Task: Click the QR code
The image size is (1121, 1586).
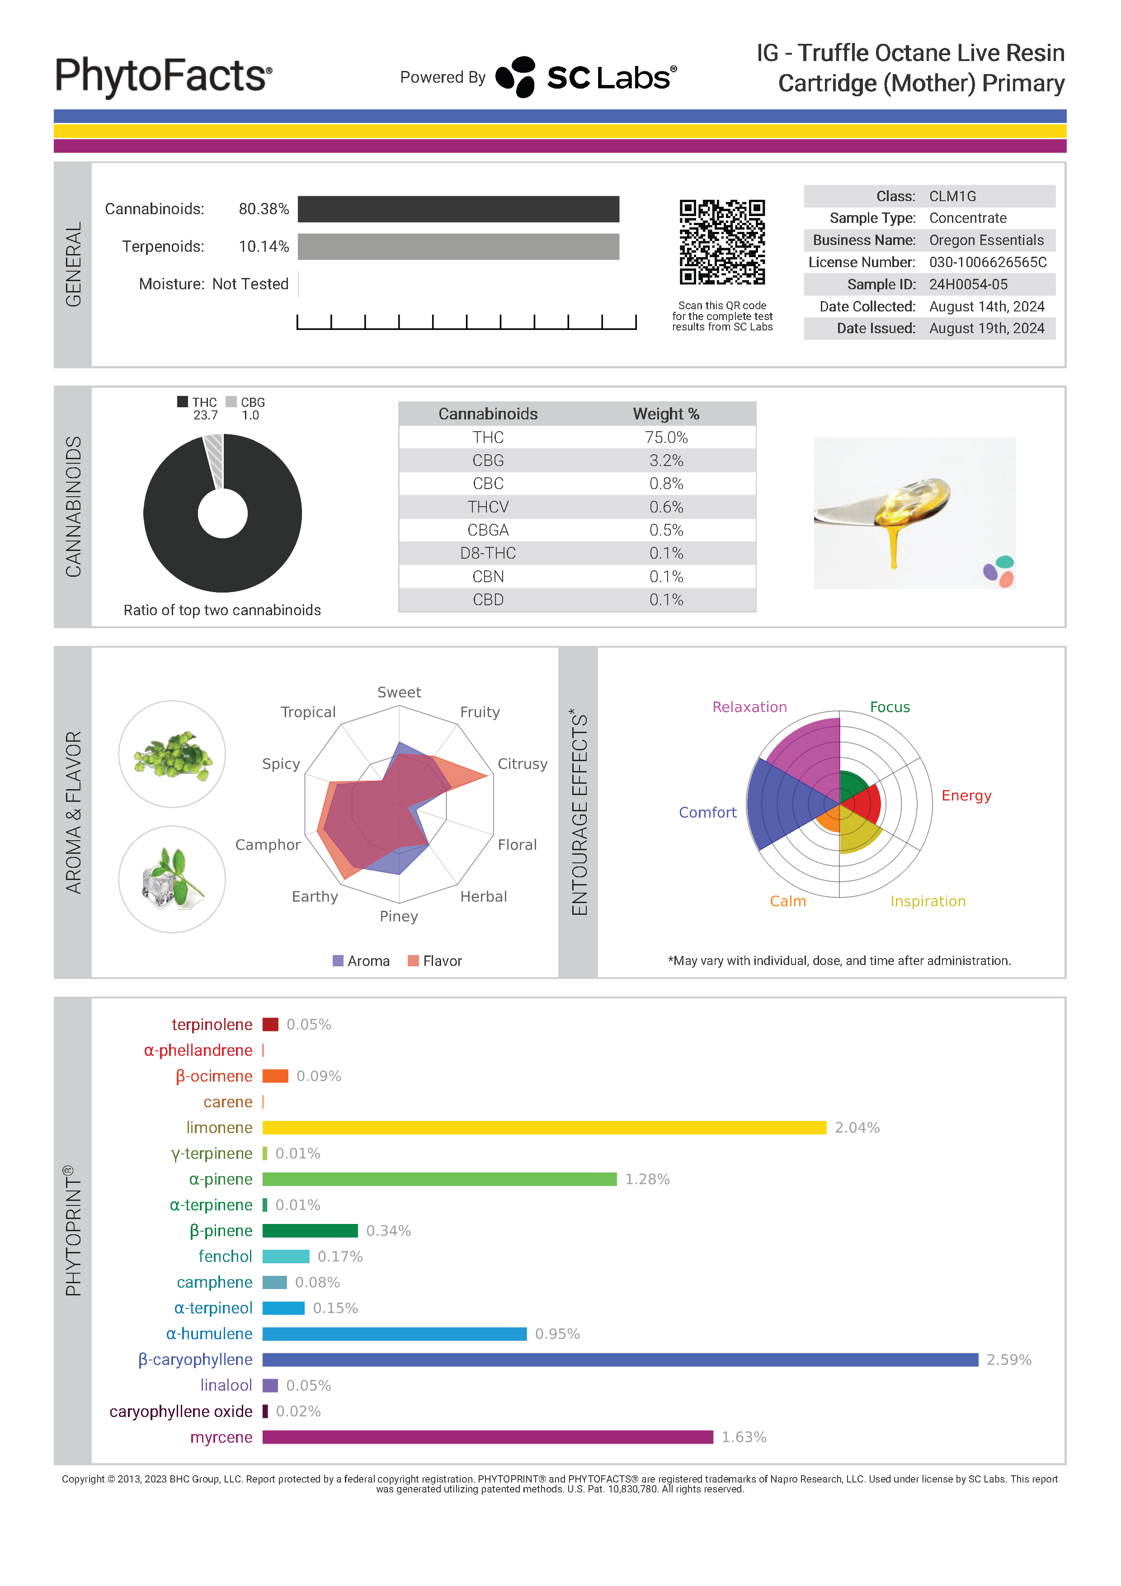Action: [722, 242]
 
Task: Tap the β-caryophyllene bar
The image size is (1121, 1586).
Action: [620, 1360]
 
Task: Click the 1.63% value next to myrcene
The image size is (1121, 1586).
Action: [744, 1437]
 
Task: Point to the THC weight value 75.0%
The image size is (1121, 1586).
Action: [666, 437]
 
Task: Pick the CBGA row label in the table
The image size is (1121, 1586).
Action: [488, 530]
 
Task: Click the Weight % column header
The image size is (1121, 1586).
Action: [666, 414]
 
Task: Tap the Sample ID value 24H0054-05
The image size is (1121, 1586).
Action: [968, 285]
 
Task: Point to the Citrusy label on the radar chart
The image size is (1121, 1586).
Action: [522, 764]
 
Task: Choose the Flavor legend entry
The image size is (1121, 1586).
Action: [441, 961]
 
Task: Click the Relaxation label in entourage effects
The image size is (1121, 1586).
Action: [749, 706]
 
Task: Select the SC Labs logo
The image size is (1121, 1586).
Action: [586, 77]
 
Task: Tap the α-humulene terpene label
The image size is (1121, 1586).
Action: [209, 1334]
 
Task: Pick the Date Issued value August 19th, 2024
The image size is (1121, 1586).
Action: [986, 328]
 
